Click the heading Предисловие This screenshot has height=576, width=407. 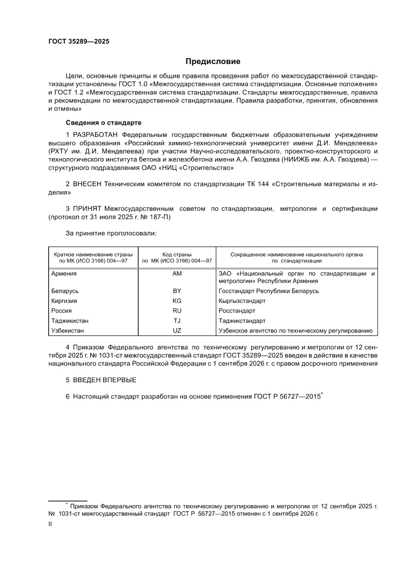click(213, 62)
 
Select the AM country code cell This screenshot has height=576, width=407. click(177, 273)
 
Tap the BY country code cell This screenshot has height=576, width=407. click(177, 291)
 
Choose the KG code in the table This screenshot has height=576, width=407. click(177, 301)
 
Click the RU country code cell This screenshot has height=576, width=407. click(177, 310)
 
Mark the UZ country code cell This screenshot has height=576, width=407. click(177, 330)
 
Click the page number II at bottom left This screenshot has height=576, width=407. click(50, 525)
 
